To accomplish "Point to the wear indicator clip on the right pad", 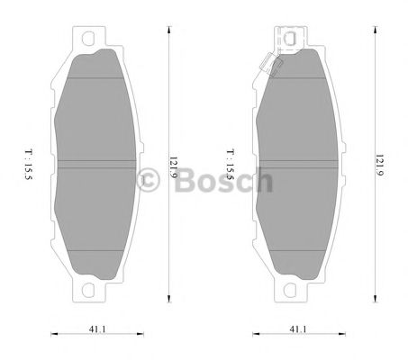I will pyautogui.click(x=267, y=65).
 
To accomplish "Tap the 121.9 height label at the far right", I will pyautogui.click(x=372, y=166).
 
